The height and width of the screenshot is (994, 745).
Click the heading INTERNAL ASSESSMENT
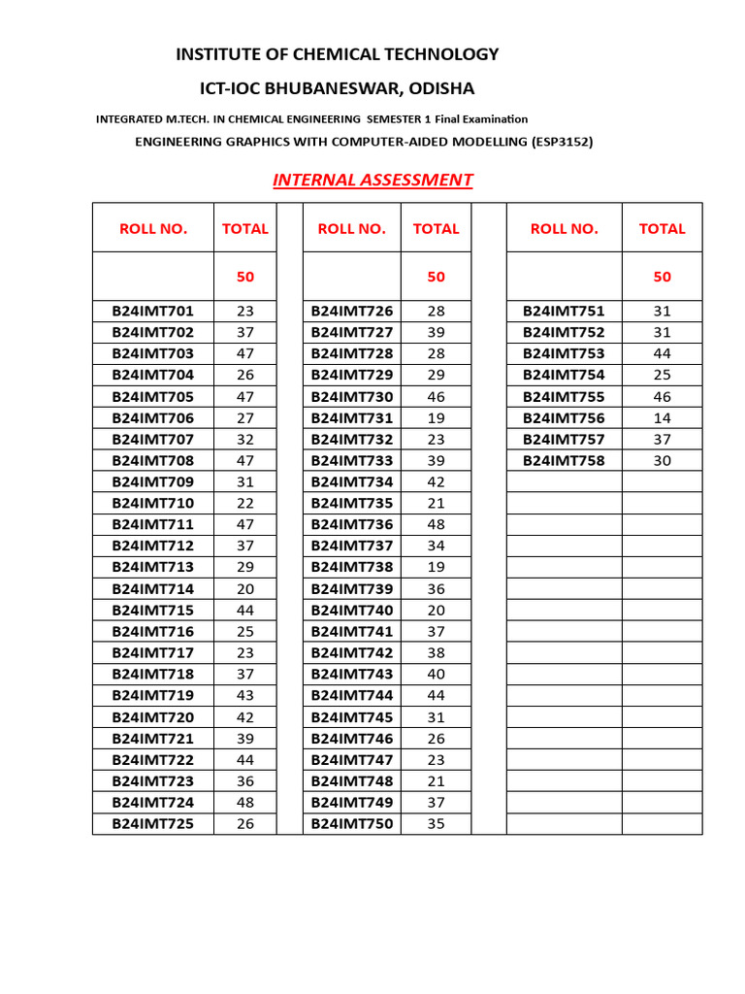click(x=372, y=180)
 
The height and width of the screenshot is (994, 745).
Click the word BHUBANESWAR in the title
click(x=333, y=88)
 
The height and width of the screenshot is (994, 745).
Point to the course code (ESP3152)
click(x=562, y=142)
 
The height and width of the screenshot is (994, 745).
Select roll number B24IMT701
click(x=153, y=312)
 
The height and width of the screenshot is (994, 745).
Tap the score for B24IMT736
click(x=436, y=524)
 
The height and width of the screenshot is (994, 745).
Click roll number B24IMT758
click(x=564, y=461)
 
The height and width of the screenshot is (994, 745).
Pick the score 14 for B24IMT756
click(x=662, y=418)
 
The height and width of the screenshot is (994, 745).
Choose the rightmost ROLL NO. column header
click(x=564, y=229)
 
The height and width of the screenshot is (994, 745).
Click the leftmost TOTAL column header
click(x=245, y=229)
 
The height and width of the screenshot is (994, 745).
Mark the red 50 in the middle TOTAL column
click(x=436, y=277)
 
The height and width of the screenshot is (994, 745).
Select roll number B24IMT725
click(x=153, y=824)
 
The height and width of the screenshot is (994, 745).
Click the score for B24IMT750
click(x=436, y=824)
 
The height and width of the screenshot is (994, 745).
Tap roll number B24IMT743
click(x=352, y=675)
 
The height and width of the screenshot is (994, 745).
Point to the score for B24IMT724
click(x=245, y=803)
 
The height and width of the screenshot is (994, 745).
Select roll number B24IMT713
click(x=153, y=567)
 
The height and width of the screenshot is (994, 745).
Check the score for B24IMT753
click(x=662, y=354)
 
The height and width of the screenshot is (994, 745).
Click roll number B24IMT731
click(x=352, y=418)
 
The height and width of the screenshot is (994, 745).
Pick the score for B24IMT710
click(x=245, y=503)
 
